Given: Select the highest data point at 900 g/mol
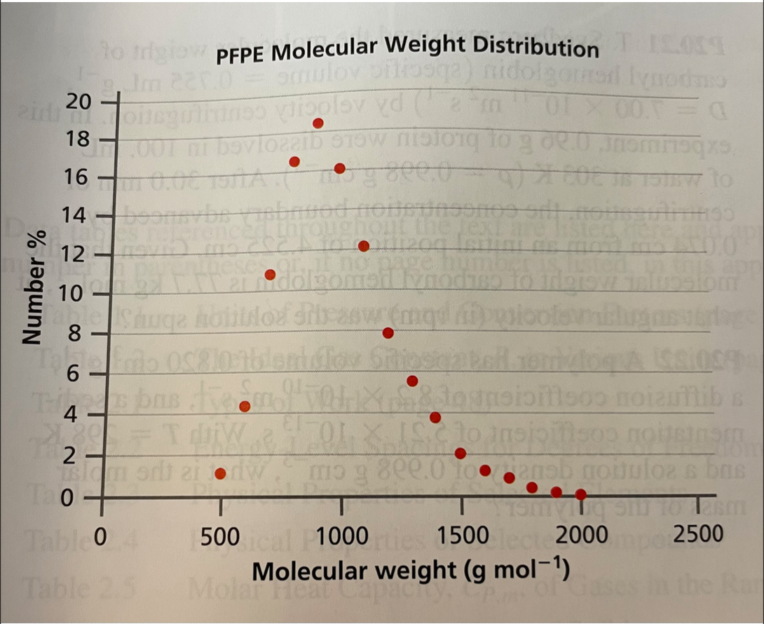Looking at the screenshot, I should (318, 123).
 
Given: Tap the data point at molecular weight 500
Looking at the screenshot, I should (221, 473).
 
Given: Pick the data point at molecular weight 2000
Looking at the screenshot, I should (580, 494).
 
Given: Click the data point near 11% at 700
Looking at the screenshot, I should (270, 274).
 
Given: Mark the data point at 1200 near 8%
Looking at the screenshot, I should (388, 333).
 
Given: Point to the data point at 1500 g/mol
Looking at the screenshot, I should (461, 454).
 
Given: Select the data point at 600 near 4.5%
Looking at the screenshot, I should (245, 407).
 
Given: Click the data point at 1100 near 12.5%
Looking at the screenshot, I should (363, 246).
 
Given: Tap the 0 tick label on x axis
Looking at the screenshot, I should (100, 538).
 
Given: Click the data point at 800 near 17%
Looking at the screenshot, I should (294, 162).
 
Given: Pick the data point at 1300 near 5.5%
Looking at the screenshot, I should (412, 381).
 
